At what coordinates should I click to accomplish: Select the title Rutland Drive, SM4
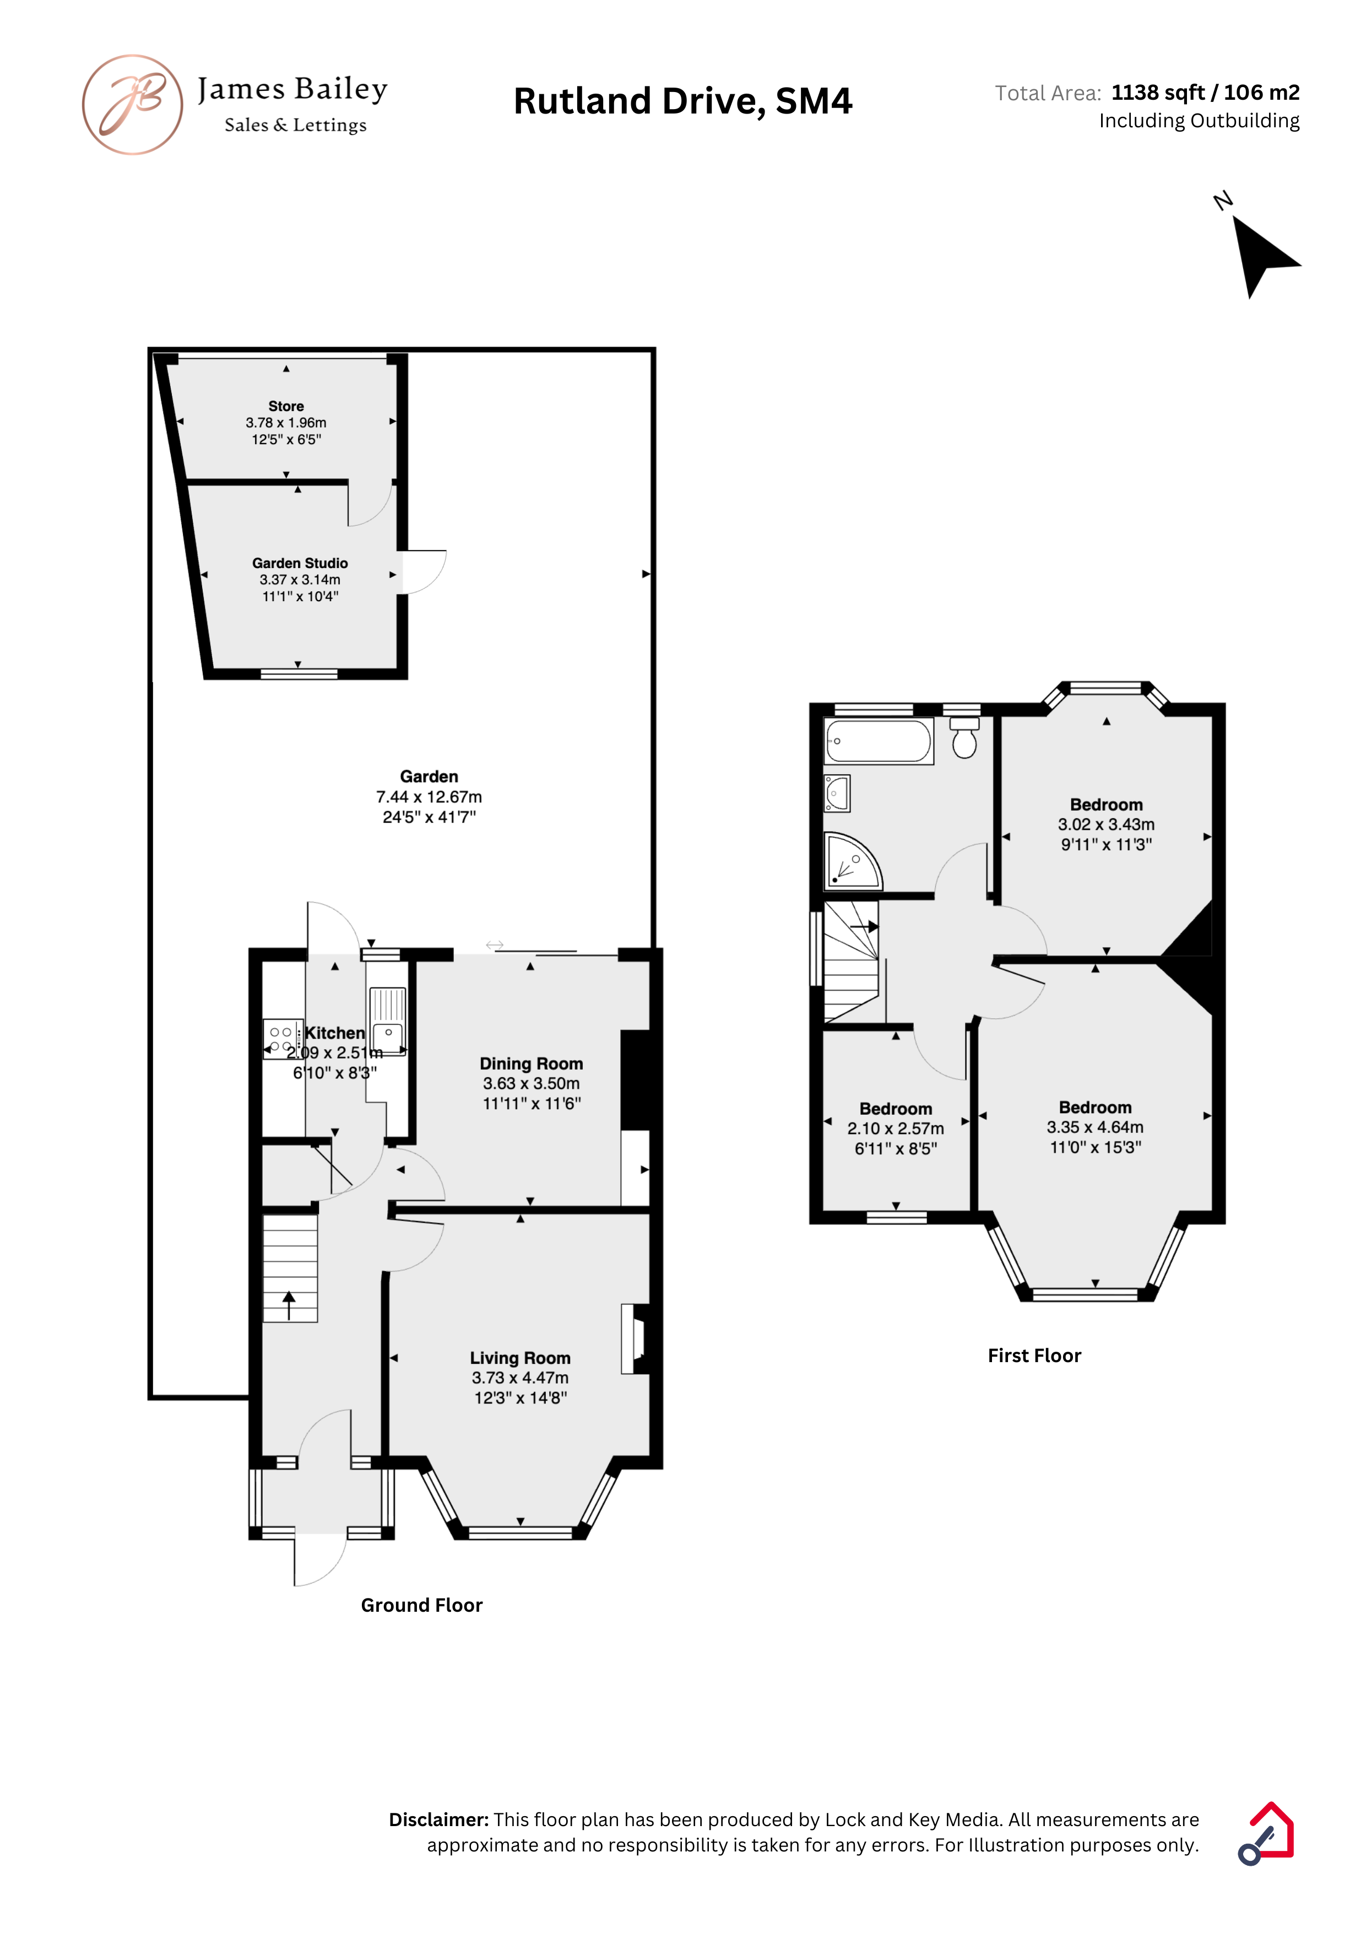click(682, 101)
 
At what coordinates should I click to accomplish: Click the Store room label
click(286, 406)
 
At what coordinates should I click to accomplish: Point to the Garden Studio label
click(300, 563)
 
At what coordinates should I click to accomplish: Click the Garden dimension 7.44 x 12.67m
click(429, 796)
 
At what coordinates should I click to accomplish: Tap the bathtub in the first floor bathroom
click(879, 741)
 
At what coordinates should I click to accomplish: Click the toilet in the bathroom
click(964, 737)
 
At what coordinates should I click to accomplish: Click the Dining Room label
click(531, 1063)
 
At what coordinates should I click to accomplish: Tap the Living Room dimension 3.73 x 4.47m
click(520, 1378)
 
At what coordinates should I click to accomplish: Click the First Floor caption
click(1034, 1356)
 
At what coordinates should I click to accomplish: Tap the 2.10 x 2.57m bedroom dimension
click(896, 1128)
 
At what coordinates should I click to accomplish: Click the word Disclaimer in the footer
click(438, 1819)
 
